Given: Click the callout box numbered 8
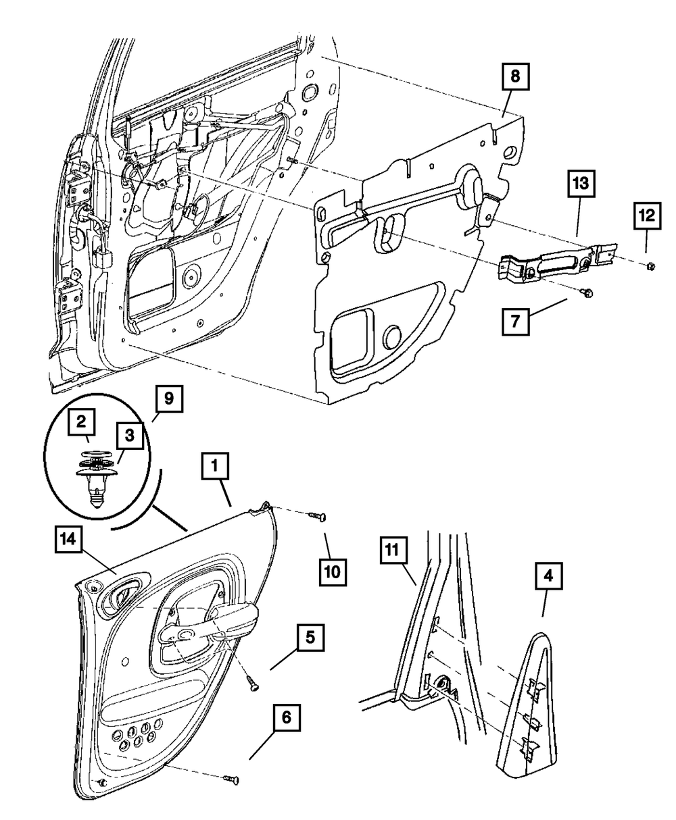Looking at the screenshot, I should point(515,78).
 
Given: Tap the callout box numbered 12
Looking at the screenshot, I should point(647,216).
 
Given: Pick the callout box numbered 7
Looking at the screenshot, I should point(516,321).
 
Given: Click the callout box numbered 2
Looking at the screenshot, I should point(81,424).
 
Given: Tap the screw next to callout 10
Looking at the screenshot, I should point(317,517).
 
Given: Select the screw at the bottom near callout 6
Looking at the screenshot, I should point(233,781).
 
